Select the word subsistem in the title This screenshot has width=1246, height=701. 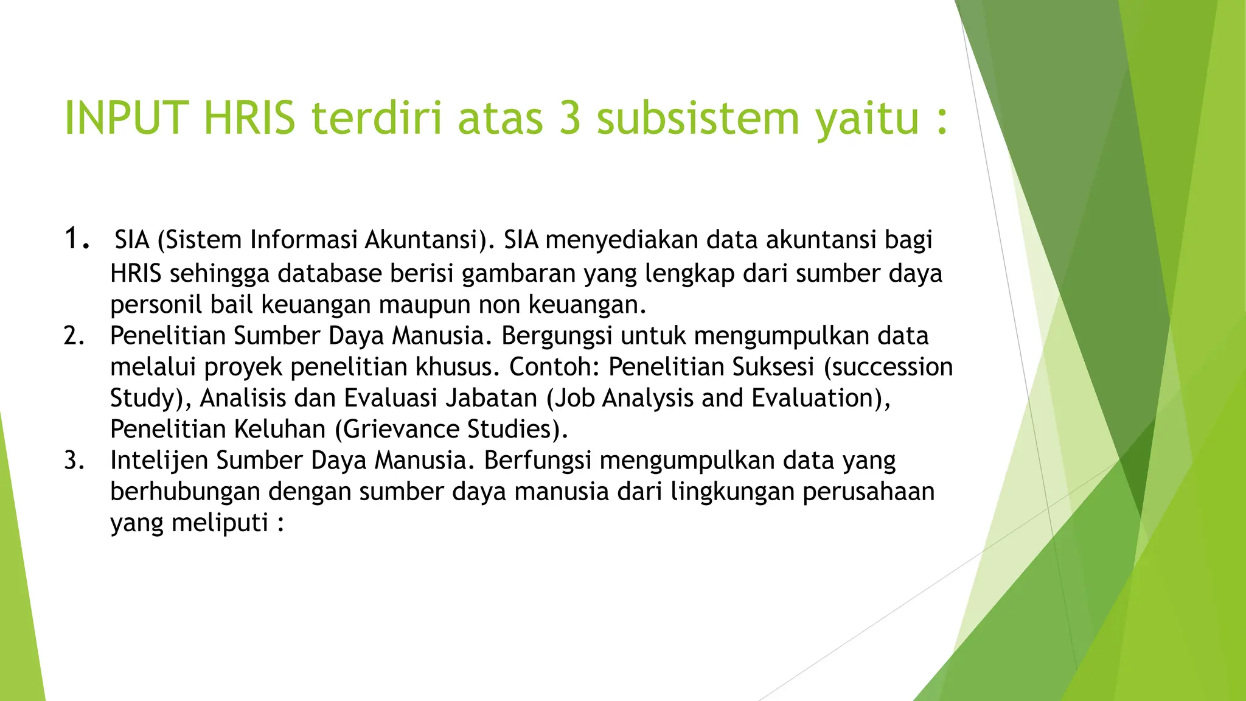click(x=697, y=117)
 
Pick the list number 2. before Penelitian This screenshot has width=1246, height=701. click(x=74, y=336)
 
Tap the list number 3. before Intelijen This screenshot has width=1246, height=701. click(x=74, y=461)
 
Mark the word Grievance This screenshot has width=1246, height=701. click(x=401, y=430)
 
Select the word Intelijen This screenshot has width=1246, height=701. click(x=159, y=461)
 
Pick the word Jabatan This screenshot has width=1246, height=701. click(x=492, y=399)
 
